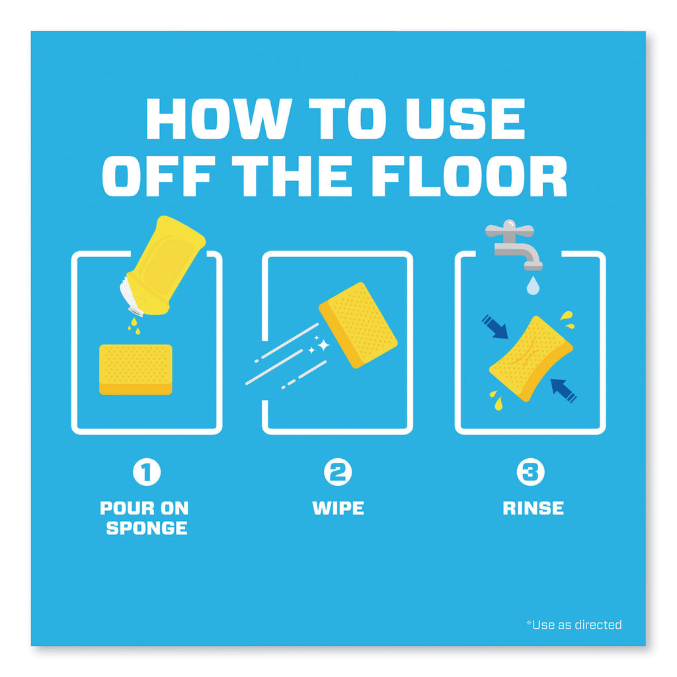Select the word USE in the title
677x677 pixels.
[x=465, y=119]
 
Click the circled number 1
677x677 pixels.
[x=147, y=472]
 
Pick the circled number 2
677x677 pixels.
[x=338, y=472]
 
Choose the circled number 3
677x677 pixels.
[x=531, y=472]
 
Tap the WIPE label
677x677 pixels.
[x=338, y=508]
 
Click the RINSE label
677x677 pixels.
[x=534, y=508]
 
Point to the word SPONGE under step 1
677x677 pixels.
[x=147, y=528]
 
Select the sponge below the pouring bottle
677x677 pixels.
[x=136, y=370]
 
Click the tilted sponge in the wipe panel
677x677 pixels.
[x=358, y=325]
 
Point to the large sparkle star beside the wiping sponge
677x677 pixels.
[x=323, y=345]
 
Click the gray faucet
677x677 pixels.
[x=514, y=244]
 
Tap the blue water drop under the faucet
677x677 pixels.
[x=534, y=286]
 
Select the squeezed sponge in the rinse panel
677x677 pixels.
[x=531, y=359]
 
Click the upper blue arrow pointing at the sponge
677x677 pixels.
[x=495, y=327]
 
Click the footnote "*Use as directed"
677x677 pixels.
[x=574, y=625]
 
